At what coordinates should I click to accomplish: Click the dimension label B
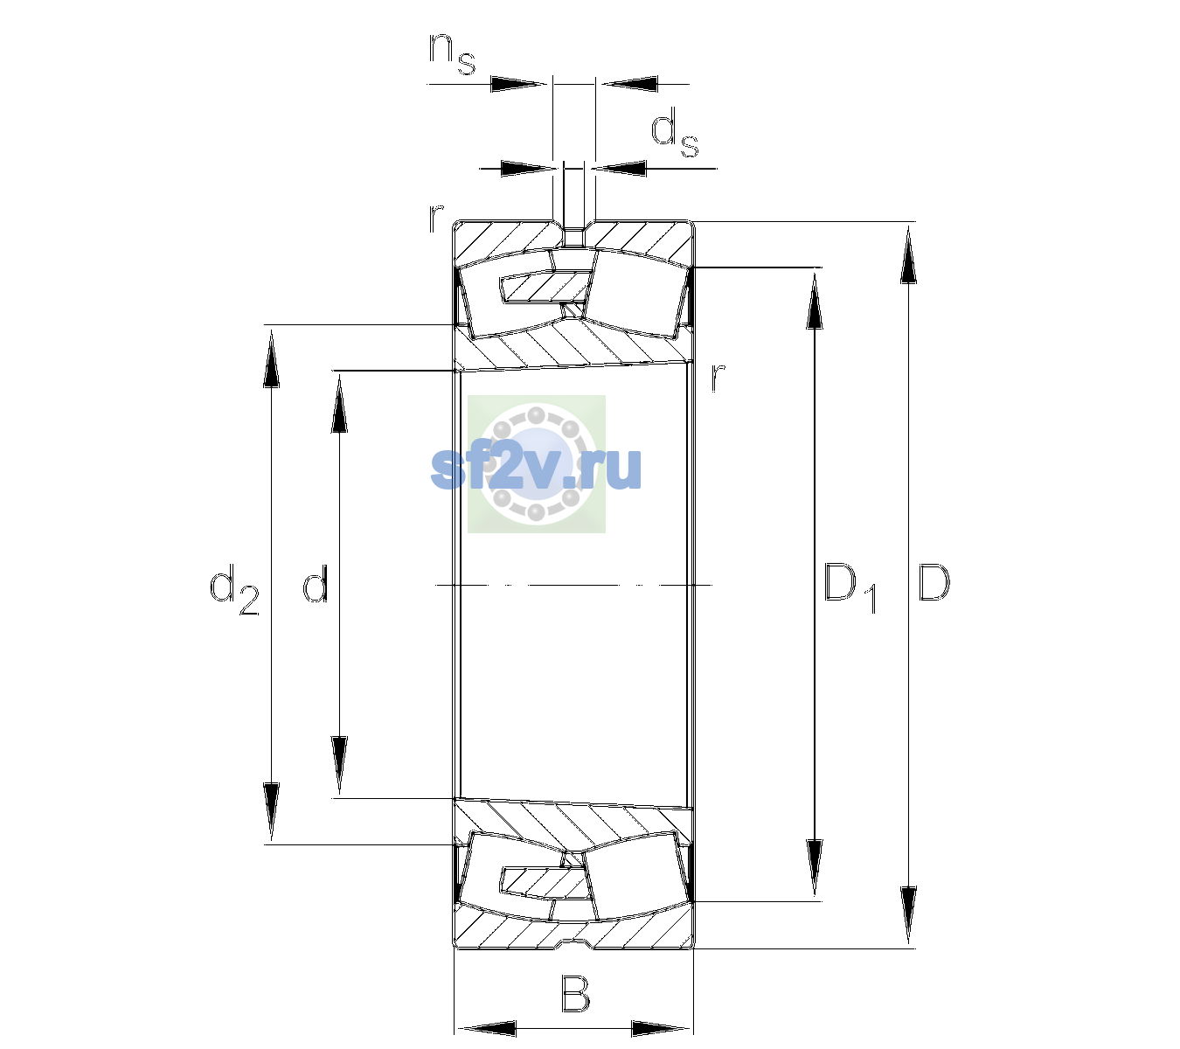pyautogui.click(x=575, y=992)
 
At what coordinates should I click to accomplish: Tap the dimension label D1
pyautogui.click(x=850, y=587)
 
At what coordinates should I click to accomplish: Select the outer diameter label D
pyautogui.click(x=934, y=582)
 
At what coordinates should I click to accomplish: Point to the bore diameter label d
pyautogui.click(x=316, y=582)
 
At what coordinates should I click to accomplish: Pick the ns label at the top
pyautogui.click(x=452, y=54)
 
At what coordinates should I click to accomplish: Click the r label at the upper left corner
pyautogui.click(x=435, y=219)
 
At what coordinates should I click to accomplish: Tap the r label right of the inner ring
pyautogui.click(x=718, y=377)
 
